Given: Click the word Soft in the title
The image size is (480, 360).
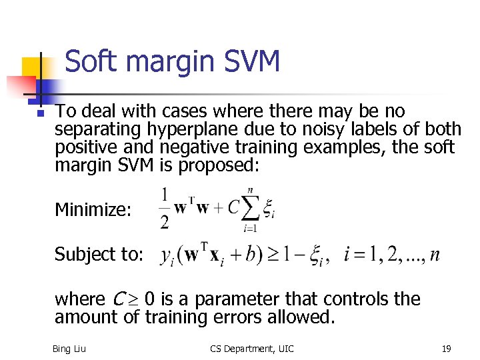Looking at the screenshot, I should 91,62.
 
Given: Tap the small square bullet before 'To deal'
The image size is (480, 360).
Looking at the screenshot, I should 40,113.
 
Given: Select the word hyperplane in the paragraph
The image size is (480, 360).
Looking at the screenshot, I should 200,128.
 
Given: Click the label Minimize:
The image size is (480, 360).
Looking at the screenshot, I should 93,210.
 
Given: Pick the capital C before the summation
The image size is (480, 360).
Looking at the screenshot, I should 233,207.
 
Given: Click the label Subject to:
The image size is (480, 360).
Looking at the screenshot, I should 99,255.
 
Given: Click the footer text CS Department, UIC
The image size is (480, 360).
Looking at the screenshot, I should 251,349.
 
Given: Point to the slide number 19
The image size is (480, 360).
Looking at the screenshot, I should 446,349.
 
